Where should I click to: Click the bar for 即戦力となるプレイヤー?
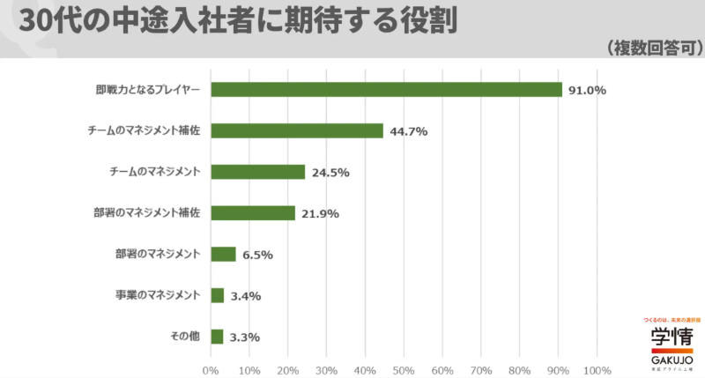pyautogui.click(x=386, y=90)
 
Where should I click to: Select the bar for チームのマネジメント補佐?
pyautogui.click(x=297, y=130)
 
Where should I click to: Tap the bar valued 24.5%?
pyautogui.click(x=258, y=172)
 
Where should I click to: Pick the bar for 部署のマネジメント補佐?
pyautogui.click(x=253, y=213)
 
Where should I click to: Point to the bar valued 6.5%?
pyautogui.click(x=224, y=254)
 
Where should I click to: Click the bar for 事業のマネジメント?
pyautogui.click(x=218, y=295)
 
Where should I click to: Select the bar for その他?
pyautogui.click(x=217, y=336)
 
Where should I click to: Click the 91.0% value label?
pyautogui.click(x=587, y=91)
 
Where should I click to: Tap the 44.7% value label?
pyautogui.click(x=409, y=131)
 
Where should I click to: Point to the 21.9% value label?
pyautogui.click(x=321, y=214)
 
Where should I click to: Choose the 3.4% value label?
pyautogui.click(x=246, y=296)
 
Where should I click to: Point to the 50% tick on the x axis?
pyautogui.click(x=404, y=368)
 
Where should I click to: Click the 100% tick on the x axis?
pyautogui.click(x=597, y=368)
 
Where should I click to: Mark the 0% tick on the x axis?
pyautogui.click(x=211, y=368)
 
